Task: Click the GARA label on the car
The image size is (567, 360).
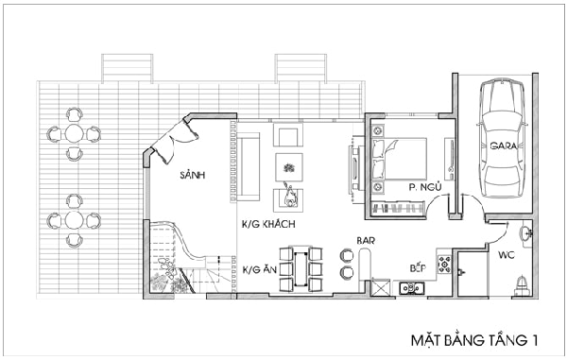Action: (x=504, y=146)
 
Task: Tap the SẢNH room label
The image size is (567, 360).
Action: (x=193, y=176)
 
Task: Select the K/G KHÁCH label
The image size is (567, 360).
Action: (x=268, y=225)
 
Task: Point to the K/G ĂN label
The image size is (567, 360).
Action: (x=259, y=269)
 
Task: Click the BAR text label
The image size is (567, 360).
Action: (x=366, y=241)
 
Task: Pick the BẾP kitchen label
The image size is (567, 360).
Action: (x=418, y=267)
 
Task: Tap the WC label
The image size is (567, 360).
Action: (x=507, y=255)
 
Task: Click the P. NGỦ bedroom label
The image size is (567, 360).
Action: (x=425, y=187)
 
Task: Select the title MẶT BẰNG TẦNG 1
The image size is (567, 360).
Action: (x=474, y=340)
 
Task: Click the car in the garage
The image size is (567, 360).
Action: (x=502, y=140)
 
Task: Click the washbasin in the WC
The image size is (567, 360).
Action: (x=526, y=233)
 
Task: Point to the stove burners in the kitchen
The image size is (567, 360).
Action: (x=444, y=265)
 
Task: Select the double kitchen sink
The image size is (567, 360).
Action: (x=412, y=288)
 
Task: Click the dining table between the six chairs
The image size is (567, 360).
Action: (x=301, y=269)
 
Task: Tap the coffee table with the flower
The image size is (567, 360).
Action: (x=289, y=167)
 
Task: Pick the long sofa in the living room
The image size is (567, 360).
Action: (x=249, y=166)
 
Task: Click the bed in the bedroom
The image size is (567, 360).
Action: (x=400, y=159)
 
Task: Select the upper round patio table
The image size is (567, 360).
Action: (x=74, y=134)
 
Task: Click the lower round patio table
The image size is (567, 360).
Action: (x=74, y=220)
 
